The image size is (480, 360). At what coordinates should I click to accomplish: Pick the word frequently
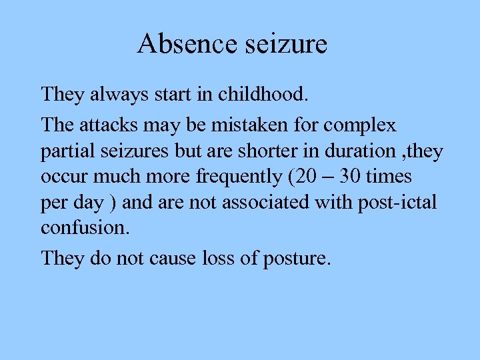[x=229, y=177]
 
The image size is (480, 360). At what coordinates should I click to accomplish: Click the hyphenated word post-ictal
[x=398, y=202]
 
